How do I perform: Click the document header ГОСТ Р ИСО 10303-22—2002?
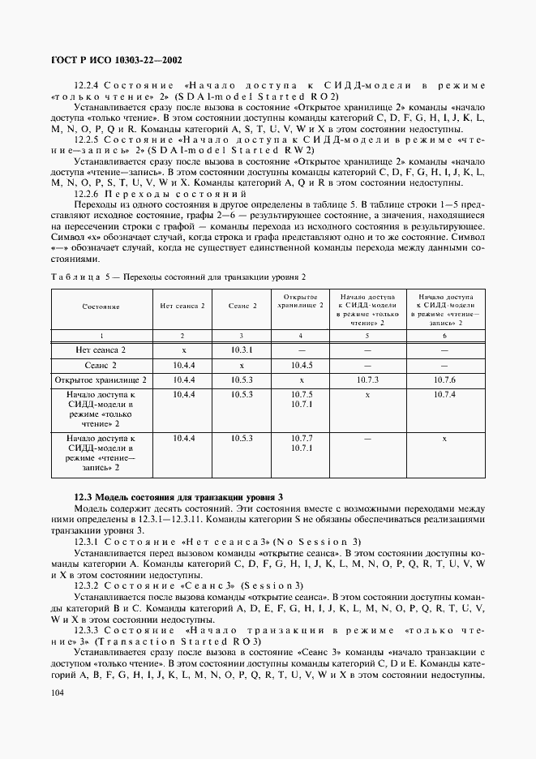click(111, 60)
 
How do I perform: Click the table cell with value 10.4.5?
click(301, 364)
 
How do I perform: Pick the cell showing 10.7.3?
click(367, 379)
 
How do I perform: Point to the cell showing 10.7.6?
click(444, 379)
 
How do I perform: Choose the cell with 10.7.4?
click(444, 394)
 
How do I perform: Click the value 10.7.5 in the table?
click(301, 394)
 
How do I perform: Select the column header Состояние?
click(100, 307)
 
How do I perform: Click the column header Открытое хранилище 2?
click(301, 301)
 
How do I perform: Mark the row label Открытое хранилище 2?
click(100, 379)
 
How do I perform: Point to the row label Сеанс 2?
click(100, 365)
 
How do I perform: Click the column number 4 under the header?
click(301, 335)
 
